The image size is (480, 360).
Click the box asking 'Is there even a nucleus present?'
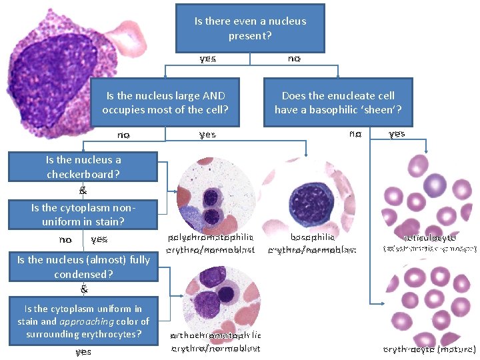pos(250,28)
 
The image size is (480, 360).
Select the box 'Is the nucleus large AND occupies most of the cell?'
pos(165,103)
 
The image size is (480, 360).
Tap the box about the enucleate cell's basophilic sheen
pos(338,103)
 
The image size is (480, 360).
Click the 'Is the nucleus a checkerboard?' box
pos(83,167)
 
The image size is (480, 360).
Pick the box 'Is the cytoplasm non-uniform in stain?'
pos(83,214)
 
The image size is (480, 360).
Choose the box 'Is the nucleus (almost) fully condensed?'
pos(83,267)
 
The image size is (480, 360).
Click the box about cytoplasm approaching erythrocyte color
pos(83,321)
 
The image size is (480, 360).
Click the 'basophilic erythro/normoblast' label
pos(313,243)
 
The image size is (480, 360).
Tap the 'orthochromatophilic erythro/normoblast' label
pos(216,341)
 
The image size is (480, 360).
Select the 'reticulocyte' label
pos(430,237)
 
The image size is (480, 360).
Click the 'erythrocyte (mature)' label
pos(430,349)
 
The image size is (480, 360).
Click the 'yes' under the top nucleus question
pos(207,59)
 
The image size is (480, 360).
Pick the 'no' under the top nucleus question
pos(294,59)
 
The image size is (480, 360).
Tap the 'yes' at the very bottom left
pos(83,351)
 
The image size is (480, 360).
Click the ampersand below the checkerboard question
pos(83,190)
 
